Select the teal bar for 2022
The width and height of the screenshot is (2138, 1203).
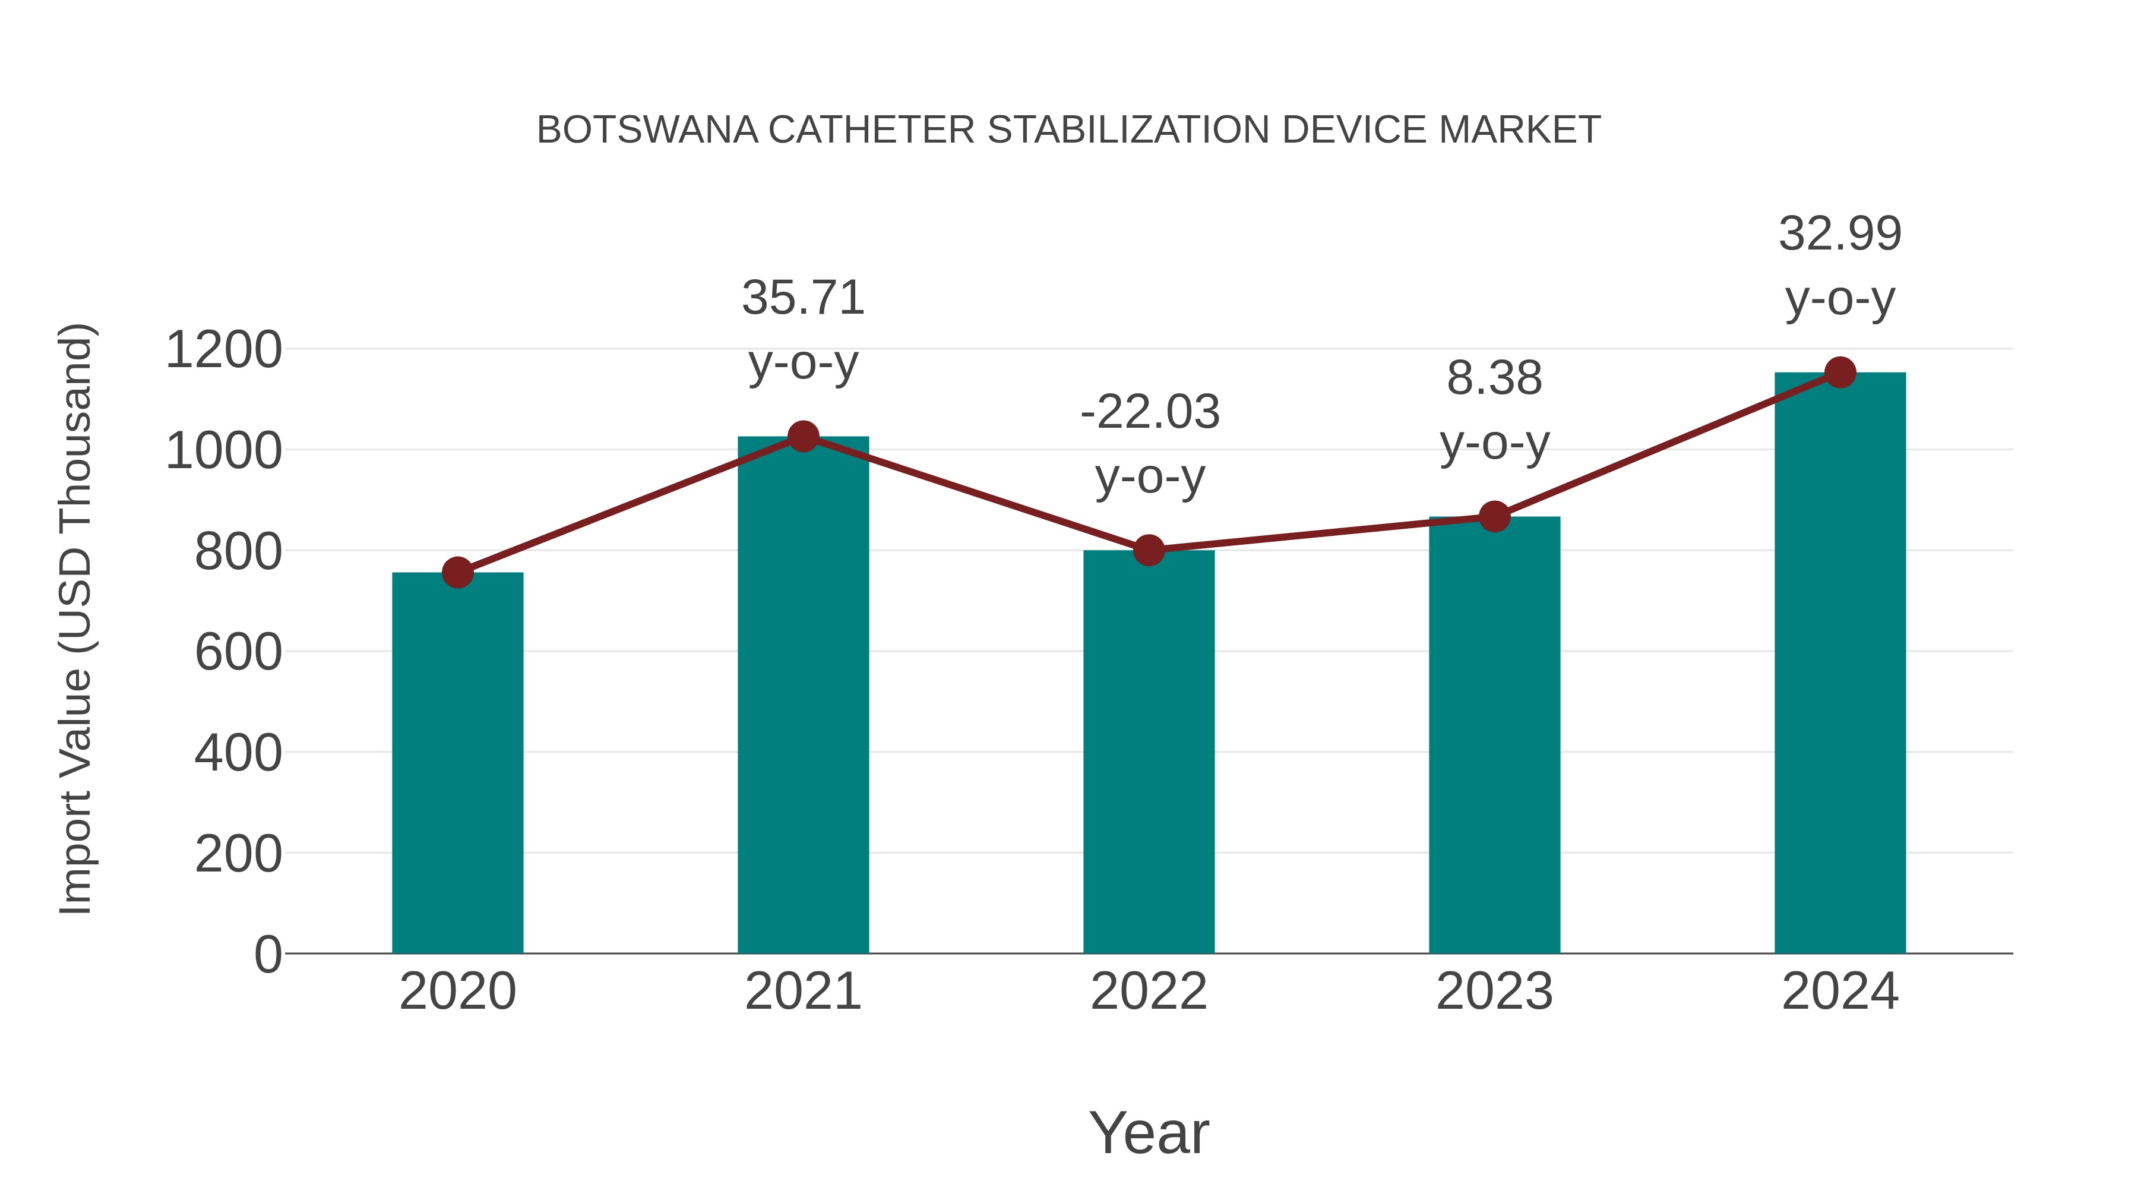pos(1149,752)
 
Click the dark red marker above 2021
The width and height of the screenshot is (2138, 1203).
pos(802,436)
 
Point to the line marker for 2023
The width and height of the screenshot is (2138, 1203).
pos(1494,516)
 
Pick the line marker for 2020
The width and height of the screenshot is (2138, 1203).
pos(457,572)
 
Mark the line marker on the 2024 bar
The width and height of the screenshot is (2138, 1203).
pos(1840,372)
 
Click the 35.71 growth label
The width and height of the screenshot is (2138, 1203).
pos(802,298)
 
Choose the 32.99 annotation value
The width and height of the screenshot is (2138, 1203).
pos(1840,233)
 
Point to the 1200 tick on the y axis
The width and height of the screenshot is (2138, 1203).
pos(223,349)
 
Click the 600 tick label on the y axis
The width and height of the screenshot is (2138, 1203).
pos(238,652)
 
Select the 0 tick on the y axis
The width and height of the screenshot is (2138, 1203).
pos(267,954)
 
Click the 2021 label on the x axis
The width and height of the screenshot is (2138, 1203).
pos(802,992)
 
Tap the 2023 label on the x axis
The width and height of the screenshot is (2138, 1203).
pos(1494,992)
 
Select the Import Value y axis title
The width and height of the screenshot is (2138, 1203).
pos(75,618)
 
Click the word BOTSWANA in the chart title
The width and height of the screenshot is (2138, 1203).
pos(647,130)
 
